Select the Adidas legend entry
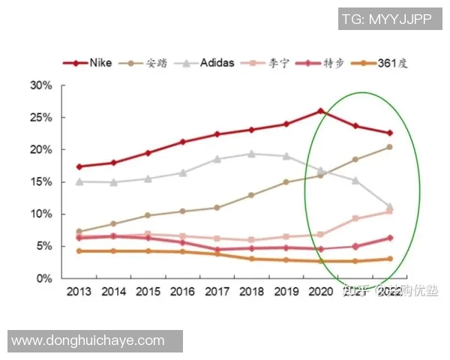click(x=208, y=63)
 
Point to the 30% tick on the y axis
click(x=41, y=85)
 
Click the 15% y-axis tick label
click(x=41, y=182)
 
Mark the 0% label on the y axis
click(x=44, y=278)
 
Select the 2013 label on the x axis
click(x=79, y=292)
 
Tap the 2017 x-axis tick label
click(x=217, y=292)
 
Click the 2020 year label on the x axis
click(x=320, y=292)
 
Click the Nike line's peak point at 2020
click(x=320, y=111)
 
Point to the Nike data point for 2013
click(x=79, y=166)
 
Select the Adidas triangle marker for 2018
click(x=251, y=154)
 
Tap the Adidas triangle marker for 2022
click(x=389, y=206)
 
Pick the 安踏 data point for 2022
click(x=389, y=147)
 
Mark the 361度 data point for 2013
click(x=79, y=250)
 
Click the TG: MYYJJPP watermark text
click(x=385, y=20)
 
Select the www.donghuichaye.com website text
click(x=88, y=340)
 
